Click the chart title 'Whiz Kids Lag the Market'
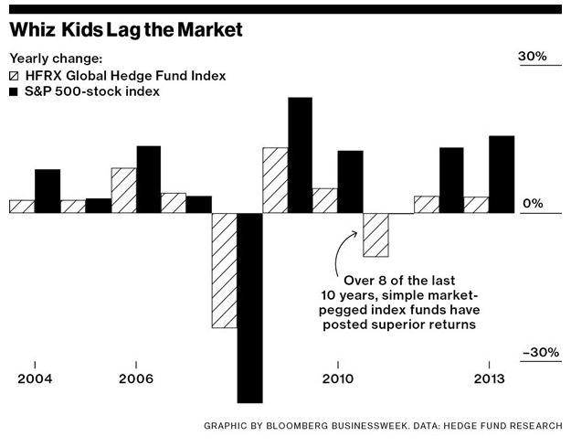125,30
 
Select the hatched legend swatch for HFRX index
15,76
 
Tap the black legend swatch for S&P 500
15,92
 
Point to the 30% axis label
533,57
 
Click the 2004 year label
34,378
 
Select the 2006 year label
135,378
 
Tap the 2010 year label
337,378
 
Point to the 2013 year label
489,378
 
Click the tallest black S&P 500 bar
300,154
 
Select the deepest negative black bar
249,307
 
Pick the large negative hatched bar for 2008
224,270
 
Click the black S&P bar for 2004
48,191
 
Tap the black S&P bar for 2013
502,175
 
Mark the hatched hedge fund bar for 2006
123,190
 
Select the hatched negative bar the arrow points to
375,235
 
